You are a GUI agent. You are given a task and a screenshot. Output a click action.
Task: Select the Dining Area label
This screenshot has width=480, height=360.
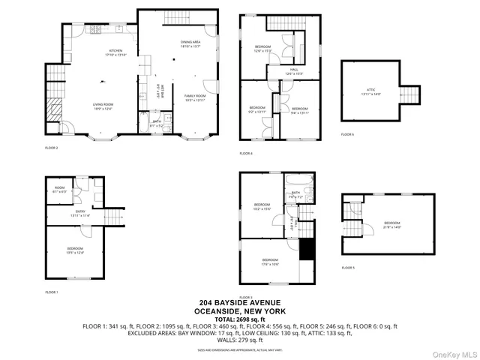click(190, 43)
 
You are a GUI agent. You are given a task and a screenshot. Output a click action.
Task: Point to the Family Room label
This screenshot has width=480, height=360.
click(195, 97)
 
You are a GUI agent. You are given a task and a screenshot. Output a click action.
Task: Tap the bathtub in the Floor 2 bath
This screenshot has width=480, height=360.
click(142, 96)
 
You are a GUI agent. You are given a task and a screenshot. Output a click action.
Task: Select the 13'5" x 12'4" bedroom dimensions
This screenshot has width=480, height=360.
click(75, 252)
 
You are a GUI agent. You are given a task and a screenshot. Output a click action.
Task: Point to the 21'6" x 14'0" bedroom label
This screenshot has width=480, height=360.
click(392, 224)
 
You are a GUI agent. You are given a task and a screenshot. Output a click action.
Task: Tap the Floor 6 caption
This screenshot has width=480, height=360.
click(347, 134)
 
